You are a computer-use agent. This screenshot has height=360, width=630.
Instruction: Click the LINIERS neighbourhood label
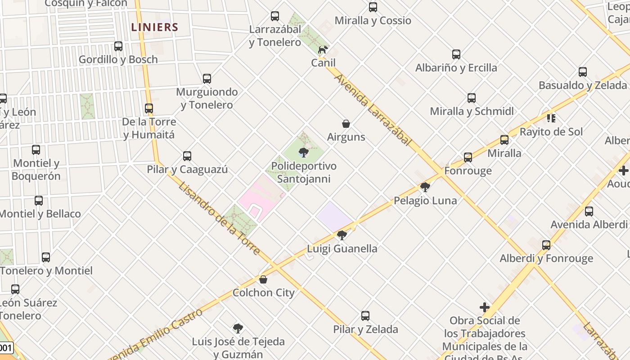pyautogui.click(x=154, y=27)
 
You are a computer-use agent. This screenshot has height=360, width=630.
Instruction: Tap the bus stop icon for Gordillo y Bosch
pyautogui.click(x=118, y=46)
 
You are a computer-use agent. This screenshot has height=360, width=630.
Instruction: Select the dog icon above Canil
pyautogui.click(x=323, y=49)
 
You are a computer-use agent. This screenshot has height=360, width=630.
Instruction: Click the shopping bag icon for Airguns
pyautogui.click(x=346, y=124)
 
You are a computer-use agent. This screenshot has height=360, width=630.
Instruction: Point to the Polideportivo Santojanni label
pyautogui.click(x=304, y=172)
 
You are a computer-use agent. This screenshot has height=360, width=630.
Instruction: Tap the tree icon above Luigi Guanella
pyautogui.click(x=342, y=235)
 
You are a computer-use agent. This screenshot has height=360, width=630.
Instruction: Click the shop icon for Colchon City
pyautogui.click(x=263, y=279)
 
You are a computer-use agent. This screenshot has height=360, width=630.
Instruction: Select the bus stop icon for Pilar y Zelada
pyautogui.click(x=365, y=316)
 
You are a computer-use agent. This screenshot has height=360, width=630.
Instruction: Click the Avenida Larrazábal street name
pyautogui.click(x=373, y=110)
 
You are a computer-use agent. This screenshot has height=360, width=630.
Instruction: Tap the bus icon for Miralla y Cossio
pyautogui.click(x=373, y=7)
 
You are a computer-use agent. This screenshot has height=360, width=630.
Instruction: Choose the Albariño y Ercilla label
pyautogui.click(x=456, y=68)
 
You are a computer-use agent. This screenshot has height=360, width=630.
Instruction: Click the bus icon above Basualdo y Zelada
pyautogui.click(x=583, y=72)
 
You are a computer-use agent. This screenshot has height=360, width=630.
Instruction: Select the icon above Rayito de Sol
pyautogui.click(x=551, y=118)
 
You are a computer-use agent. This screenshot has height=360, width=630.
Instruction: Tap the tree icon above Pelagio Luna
pyautogui.click(x=425, y=187)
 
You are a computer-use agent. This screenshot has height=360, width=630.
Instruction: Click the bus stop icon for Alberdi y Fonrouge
pyautogui.click(x=546, y=245)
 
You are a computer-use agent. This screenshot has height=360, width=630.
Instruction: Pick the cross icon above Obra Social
pyautogui.click(x=485, y=307)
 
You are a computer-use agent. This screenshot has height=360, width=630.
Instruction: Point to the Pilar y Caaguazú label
pyautogui.click(x=187, y=170)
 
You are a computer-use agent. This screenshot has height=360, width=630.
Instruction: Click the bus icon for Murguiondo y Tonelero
pyautogui.click(x=207, y=79)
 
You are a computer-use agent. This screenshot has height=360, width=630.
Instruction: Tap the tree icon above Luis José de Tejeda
pyautogui.click(x=238, y=328)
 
